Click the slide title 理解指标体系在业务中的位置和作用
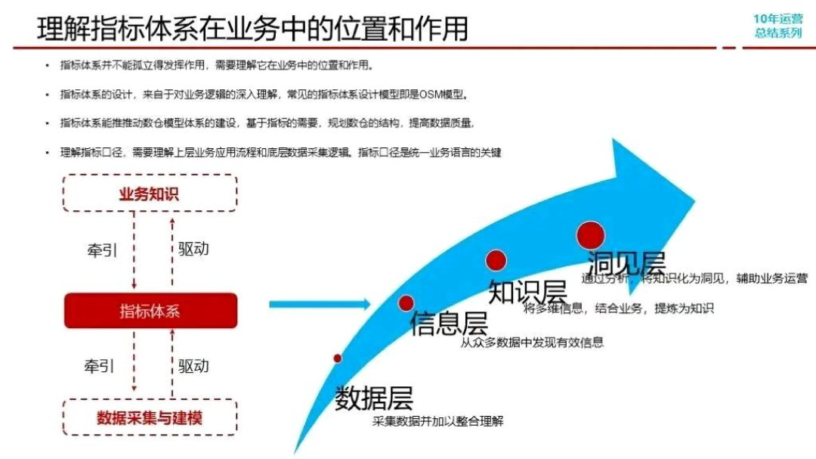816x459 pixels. tap(252, 28)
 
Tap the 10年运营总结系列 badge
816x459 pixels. tap(777, 26)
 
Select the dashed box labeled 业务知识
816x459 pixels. tap(150, 193)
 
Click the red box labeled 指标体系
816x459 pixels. tap(150, 311)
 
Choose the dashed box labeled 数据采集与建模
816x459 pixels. tap(150, 417)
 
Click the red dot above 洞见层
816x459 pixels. tap(590, 234)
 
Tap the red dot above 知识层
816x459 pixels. tap(496, 260)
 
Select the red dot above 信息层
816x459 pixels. tap(406, 303)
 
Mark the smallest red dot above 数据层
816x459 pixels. tap(338, 358)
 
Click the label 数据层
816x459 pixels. tap(374, 398)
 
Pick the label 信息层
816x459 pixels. tap(449, 324)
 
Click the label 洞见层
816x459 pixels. tap(626, 263)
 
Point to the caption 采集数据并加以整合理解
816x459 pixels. tap(437, 421)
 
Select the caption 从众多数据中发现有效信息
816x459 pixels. tap(532, 342)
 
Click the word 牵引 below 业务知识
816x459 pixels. tap(103, 250)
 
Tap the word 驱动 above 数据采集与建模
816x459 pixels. tap(193, 366)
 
